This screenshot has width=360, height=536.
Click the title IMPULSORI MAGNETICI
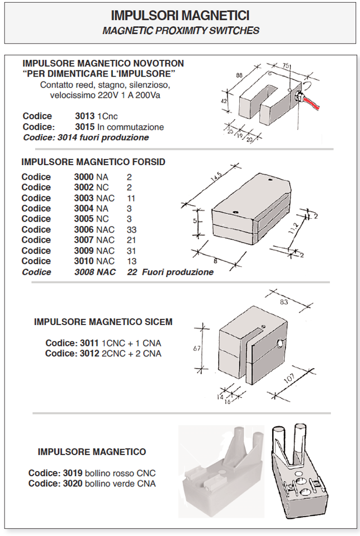coord(180,16)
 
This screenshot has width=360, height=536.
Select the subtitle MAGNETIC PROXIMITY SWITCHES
coord(180,30)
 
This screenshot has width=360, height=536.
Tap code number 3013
coord(85,116)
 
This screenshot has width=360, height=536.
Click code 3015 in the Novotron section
coord(85,127)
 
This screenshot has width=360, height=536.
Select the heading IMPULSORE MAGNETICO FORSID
coord(93,162)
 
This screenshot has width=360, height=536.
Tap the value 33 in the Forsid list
coord(131,229)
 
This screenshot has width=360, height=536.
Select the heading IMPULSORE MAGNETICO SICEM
coord(103,322)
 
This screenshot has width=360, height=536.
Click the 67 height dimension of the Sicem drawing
coord(197,348)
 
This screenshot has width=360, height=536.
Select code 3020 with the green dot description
coord(75,483)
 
